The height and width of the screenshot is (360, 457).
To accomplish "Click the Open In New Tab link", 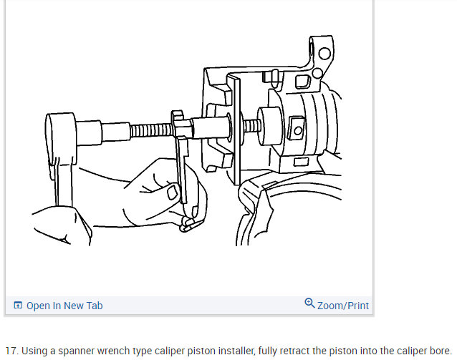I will coord(64,306).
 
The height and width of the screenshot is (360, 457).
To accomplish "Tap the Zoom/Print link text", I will coord(343,306).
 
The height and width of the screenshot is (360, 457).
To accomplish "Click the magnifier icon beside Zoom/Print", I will coord(309,303).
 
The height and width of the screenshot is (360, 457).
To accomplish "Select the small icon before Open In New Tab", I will coord(18,306).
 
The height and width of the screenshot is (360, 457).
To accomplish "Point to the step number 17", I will coord(11,351).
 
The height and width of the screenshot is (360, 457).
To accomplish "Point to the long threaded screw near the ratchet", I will coord(152,131).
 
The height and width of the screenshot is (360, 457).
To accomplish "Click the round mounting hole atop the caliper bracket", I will coord(324,54).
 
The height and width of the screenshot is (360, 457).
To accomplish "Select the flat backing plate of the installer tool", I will coord(237,129).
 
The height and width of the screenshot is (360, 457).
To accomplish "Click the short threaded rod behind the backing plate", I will coord(250,127).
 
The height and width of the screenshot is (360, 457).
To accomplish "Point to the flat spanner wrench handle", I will coord(183,172).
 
